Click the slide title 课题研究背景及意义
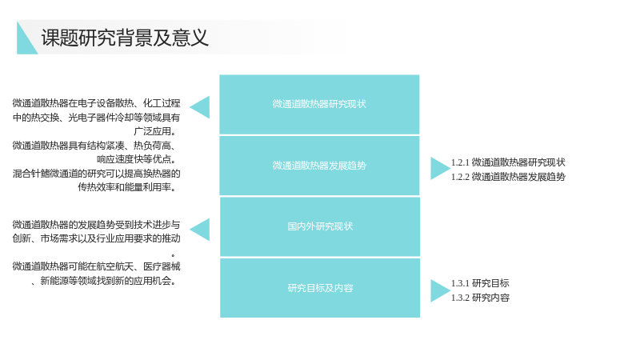[125, 38]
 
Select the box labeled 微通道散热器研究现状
[319, 105]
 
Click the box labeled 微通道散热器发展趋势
[319, 166]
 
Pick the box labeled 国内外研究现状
[320, 226]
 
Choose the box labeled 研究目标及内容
[320, 288]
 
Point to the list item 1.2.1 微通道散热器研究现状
[508, 162]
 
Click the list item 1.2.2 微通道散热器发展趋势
[508, 177]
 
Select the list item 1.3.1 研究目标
[480, 283]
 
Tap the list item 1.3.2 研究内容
[480, 298]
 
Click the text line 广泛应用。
[155, 131]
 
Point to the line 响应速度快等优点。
[137, 159]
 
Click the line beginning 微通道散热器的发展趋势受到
[96, 225]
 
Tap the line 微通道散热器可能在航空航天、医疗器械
[96, 266]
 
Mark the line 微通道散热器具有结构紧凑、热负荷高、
[94, 146]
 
